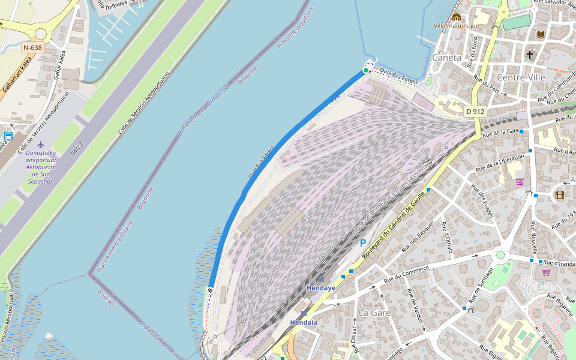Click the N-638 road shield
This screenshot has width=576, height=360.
click(x=33, y=47)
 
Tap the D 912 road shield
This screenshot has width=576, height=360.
click(x=475, y=112)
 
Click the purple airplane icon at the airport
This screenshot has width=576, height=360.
click(x=41, y=145)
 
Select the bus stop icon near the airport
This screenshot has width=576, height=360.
click(x=8, y=136)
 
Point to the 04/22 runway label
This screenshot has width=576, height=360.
click(x=77, y=149)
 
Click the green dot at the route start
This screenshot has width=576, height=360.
click(x=366, y=70)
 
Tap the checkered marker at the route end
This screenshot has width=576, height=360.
click(x=211, y=290)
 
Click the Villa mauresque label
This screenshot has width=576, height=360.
click(x=456, y=26)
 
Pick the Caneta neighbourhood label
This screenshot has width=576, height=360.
click(x=447, y=58)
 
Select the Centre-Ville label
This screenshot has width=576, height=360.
click(x=521, y=77)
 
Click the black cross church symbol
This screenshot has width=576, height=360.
click(x=530, y=55)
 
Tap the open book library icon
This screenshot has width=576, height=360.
click(x=541, y=34)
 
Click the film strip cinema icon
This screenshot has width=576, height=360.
click(x=560, y=194)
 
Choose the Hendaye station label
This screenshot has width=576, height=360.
click(x=321, y=288)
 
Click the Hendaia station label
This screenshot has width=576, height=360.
click(x=304, y=322)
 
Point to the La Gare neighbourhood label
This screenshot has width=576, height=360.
click(x=374, y=313)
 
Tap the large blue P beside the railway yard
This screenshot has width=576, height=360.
click(x=362, y=244)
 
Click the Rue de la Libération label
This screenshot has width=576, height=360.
click(x=500, y=162)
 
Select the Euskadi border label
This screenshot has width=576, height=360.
click(x=107, y=298)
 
